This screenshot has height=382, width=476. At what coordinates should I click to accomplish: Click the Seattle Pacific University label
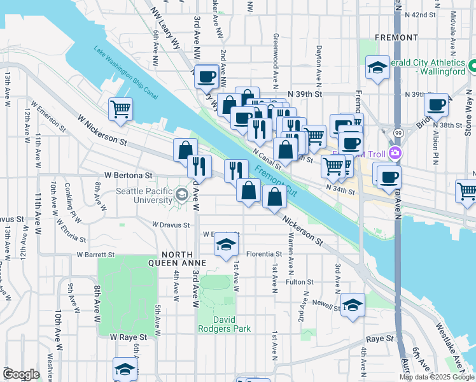(x=143, y=195)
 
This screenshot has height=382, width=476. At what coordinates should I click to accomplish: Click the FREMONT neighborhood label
(x=396, y=38)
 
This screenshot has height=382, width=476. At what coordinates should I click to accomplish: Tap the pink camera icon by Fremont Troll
(x=395, y=153)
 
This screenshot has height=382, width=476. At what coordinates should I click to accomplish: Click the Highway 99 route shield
(x=397, y=132)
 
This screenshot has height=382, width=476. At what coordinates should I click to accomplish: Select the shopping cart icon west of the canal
(x=120, y=108)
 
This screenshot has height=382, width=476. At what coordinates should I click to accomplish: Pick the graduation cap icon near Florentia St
(x=225, y=245)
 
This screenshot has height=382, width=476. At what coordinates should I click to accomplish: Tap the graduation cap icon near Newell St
(x=353, y=304)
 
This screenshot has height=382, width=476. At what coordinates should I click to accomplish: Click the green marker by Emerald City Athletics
(x=472, y=66)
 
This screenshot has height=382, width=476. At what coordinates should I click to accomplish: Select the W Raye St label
(x=129, y=336)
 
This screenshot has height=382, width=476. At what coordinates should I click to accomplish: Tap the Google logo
(x=21, y=374)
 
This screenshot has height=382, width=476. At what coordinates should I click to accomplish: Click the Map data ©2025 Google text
(x=436, y=377)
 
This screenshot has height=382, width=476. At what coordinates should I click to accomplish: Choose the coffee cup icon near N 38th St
(x=436, y=105)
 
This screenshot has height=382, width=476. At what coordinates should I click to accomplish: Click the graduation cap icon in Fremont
(x=377, y=67)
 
